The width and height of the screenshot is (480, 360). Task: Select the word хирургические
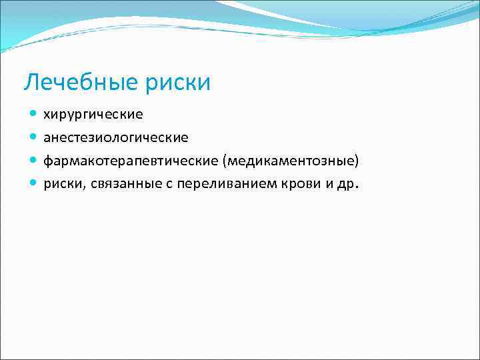tap(93, 115)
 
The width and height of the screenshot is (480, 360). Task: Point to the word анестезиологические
tap(116, 138)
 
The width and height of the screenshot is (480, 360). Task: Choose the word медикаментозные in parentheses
tap(291, 161)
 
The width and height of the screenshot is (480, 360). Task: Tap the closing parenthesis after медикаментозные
tap(357, 161)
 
